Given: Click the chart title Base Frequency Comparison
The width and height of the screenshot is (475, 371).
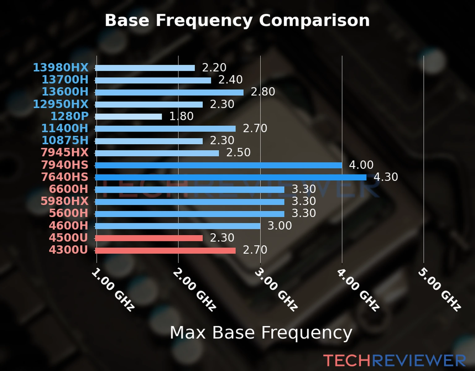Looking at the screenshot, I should coord(237,20).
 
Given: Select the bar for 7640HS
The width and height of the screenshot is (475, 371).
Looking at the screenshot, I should coord(230,177).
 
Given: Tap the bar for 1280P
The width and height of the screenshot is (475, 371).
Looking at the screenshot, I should coord(128,117).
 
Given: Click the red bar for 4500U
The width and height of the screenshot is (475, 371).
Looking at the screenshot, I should coord(149,238).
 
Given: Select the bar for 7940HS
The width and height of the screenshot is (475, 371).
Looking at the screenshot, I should coord(218,165).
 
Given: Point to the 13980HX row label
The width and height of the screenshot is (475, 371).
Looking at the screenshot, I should coord(61,67).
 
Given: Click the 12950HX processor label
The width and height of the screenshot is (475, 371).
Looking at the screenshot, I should coord(61,104).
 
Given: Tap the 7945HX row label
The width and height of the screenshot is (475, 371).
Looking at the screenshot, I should coord(65,152).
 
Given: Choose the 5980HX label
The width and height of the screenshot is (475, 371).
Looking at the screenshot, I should coord(65,201).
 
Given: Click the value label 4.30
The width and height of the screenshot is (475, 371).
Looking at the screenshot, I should coord(386,177).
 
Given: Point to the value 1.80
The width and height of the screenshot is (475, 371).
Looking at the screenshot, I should coord(181,116).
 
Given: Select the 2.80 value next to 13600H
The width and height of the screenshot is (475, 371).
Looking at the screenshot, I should coord(263,92).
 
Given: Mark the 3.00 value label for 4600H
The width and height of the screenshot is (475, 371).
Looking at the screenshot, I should coord(279,226).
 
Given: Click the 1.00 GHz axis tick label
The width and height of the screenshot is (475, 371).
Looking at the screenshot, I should coord(113,290).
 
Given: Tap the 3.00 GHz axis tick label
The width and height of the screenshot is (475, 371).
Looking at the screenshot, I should coord(276,290).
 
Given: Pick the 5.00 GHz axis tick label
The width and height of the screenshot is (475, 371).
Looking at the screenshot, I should coord(440,290).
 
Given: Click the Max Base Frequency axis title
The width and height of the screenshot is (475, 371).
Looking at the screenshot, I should coord(261,333).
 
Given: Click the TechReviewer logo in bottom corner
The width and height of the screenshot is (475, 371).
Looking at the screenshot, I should coord(394,360).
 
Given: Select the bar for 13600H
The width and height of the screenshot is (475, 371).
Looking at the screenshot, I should coord(169,92).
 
